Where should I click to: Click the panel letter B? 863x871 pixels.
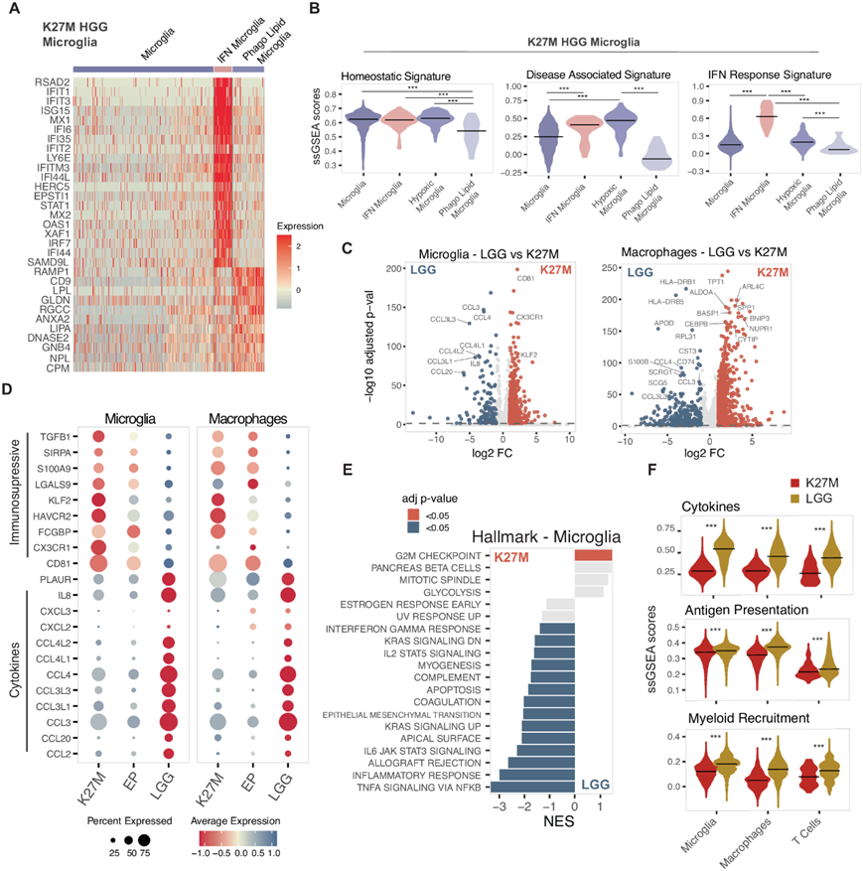coord(314,12)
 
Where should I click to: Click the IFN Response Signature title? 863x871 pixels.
coord(757,75)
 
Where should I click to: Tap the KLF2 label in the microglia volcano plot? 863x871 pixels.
coord(529,354)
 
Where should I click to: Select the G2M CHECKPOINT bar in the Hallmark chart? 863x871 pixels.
coord(593,554)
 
